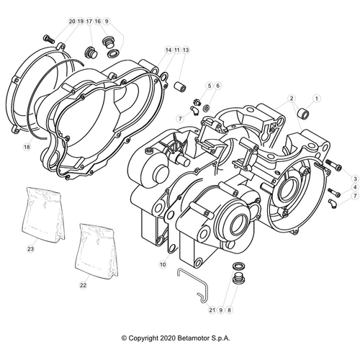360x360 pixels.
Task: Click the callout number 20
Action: [x=72, y=22]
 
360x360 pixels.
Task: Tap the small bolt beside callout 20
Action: [x=49, y=39]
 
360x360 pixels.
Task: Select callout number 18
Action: [x=27, y=147]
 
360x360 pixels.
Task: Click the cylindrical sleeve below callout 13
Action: [x=180, y=86]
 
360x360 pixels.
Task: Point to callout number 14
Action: [x=168, y=50]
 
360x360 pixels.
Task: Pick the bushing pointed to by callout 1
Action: [x=304, y=114]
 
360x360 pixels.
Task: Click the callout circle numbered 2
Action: [x=292, y=99]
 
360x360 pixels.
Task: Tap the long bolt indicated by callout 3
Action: [x=333, y=166]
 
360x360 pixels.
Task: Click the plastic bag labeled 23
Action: [x=44, y=215]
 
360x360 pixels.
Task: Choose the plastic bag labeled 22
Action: [x=96, y=251]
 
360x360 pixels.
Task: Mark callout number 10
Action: [x=163, y=264]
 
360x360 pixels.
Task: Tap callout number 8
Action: [x=229, y=310]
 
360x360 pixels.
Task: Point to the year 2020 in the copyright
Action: [x=168, y=338]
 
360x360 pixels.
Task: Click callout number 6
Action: [x=217, y=86]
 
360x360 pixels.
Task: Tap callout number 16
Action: [x=98, y=22]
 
